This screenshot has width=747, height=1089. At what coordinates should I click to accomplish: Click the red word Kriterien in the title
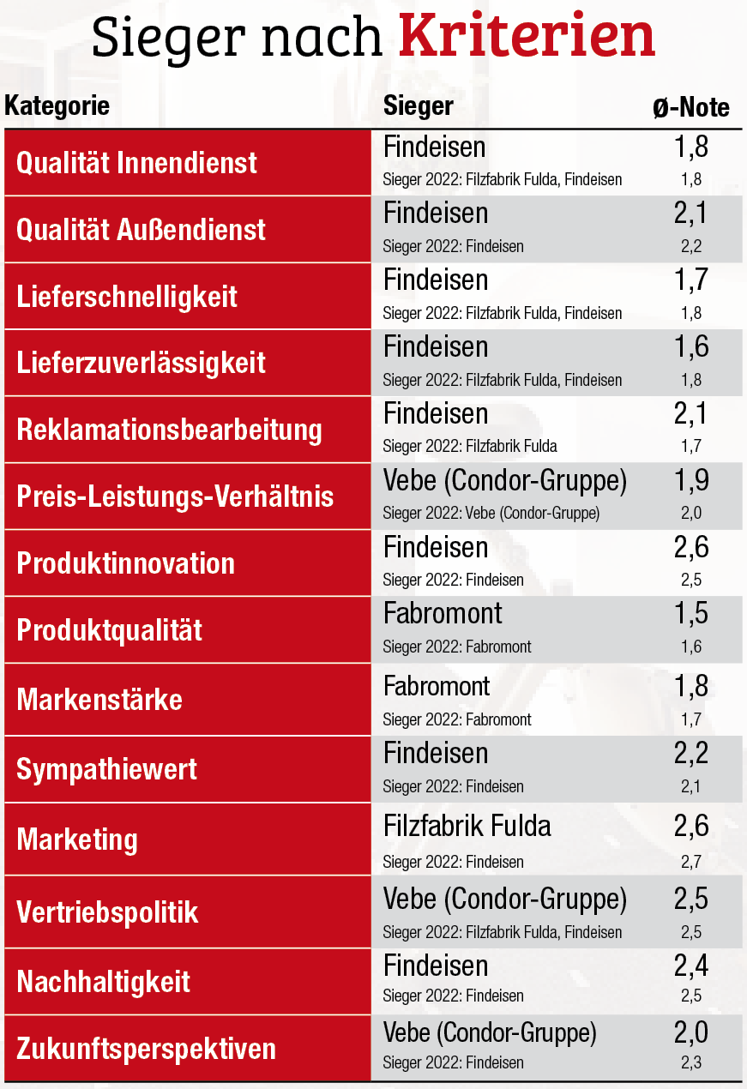(x=527, y=36)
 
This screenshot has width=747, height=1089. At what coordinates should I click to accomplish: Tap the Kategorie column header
(x=57, y=106)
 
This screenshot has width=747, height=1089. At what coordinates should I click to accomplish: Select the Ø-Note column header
(x=690, y=107)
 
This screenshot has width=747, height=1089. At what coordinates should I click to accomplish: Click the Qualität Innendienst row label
(x=137, y=163)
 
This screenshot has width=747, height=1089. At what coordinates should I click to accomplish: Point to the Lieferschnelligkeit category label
(x=127, y=297)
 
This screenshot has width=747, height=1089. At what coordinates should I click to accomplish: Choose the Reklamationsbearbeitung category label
(x=169, y=430)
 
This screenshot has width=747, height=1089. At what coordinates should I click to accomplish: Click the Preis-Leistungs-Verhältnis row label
(x=175, y=496)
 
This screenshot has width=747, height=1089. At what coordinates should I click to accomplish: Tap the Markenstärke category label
(x=99, y=699)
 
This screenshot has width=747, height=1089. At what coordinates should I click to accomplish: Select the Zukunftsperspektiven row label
(x=147, y=1049)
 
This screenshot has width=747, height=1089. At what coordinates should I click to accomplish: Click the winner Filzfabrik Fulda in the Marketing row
(x=467, y=827)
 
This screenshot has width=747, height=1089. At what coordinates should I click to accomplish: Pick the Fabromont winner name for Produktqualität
(x=443, y=614)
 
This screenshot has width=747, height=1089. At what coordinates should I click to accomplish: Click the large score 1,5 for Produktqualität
(x=691, y=614)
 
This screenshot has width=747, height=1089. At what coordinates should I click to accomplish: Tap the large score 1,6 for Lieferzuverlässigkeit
(x=691, y=347)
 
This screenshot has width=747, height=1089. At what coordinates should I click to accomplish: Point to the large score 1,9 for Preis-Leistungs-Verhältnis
(x=691, y=481)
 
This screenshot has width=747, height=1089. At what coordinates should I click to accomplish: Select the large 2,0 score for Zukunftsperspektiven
(x=691, y=1033)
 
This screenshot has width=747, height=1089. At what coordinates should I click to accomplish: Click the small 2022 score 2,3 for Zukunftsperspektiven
(x=691, y=1063)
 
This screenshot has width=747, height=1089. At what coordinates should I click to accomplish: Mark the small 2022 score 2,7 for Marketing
(x=691, y=862)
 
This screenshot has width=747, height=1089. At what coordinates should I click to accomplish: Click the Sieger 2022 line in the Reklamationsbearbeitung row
(x=470, y=447)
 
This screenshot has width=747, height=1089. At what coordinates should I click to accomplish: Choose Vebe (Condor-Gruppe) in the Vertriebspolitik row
(x=505, y=899)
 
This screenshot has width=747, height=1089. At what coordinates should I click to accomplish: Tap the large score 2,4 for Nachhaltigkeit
(x=691, y=966)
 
